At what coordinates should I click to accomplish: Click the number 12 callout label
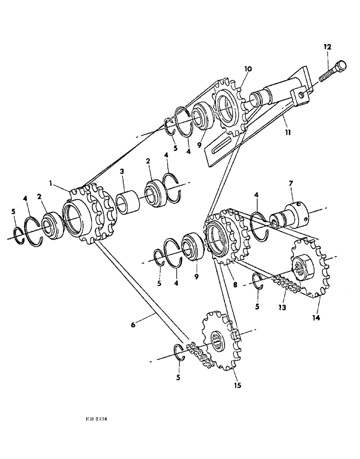(x=326, y=47)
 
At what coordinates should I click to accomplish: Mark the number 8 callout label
(x=235, y=285)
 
